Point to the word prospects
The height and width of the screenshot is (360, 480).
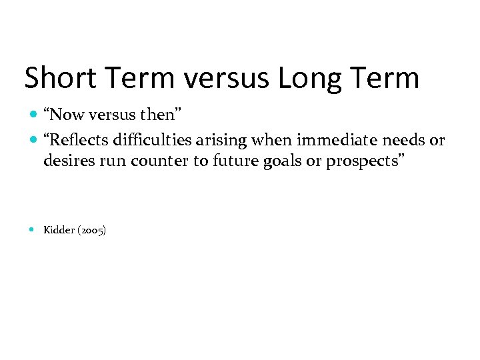pyautogui.click(x=362, y=161)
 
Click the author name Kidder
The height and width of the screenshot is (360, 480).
pyautogui.click(x=59, y=231)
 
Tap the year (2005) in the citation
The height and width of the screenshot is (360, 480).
pyautogui.click(x=91, y=231)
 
